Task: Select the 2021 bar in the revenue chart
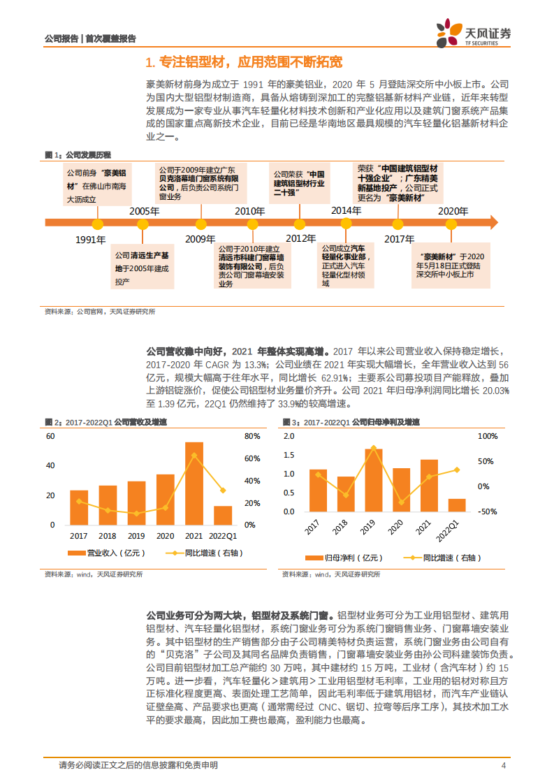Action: (194, 483)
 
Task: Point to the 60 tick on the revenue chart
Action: (50, 437)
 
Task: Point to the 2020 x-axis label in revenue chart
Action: (165, 536)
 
